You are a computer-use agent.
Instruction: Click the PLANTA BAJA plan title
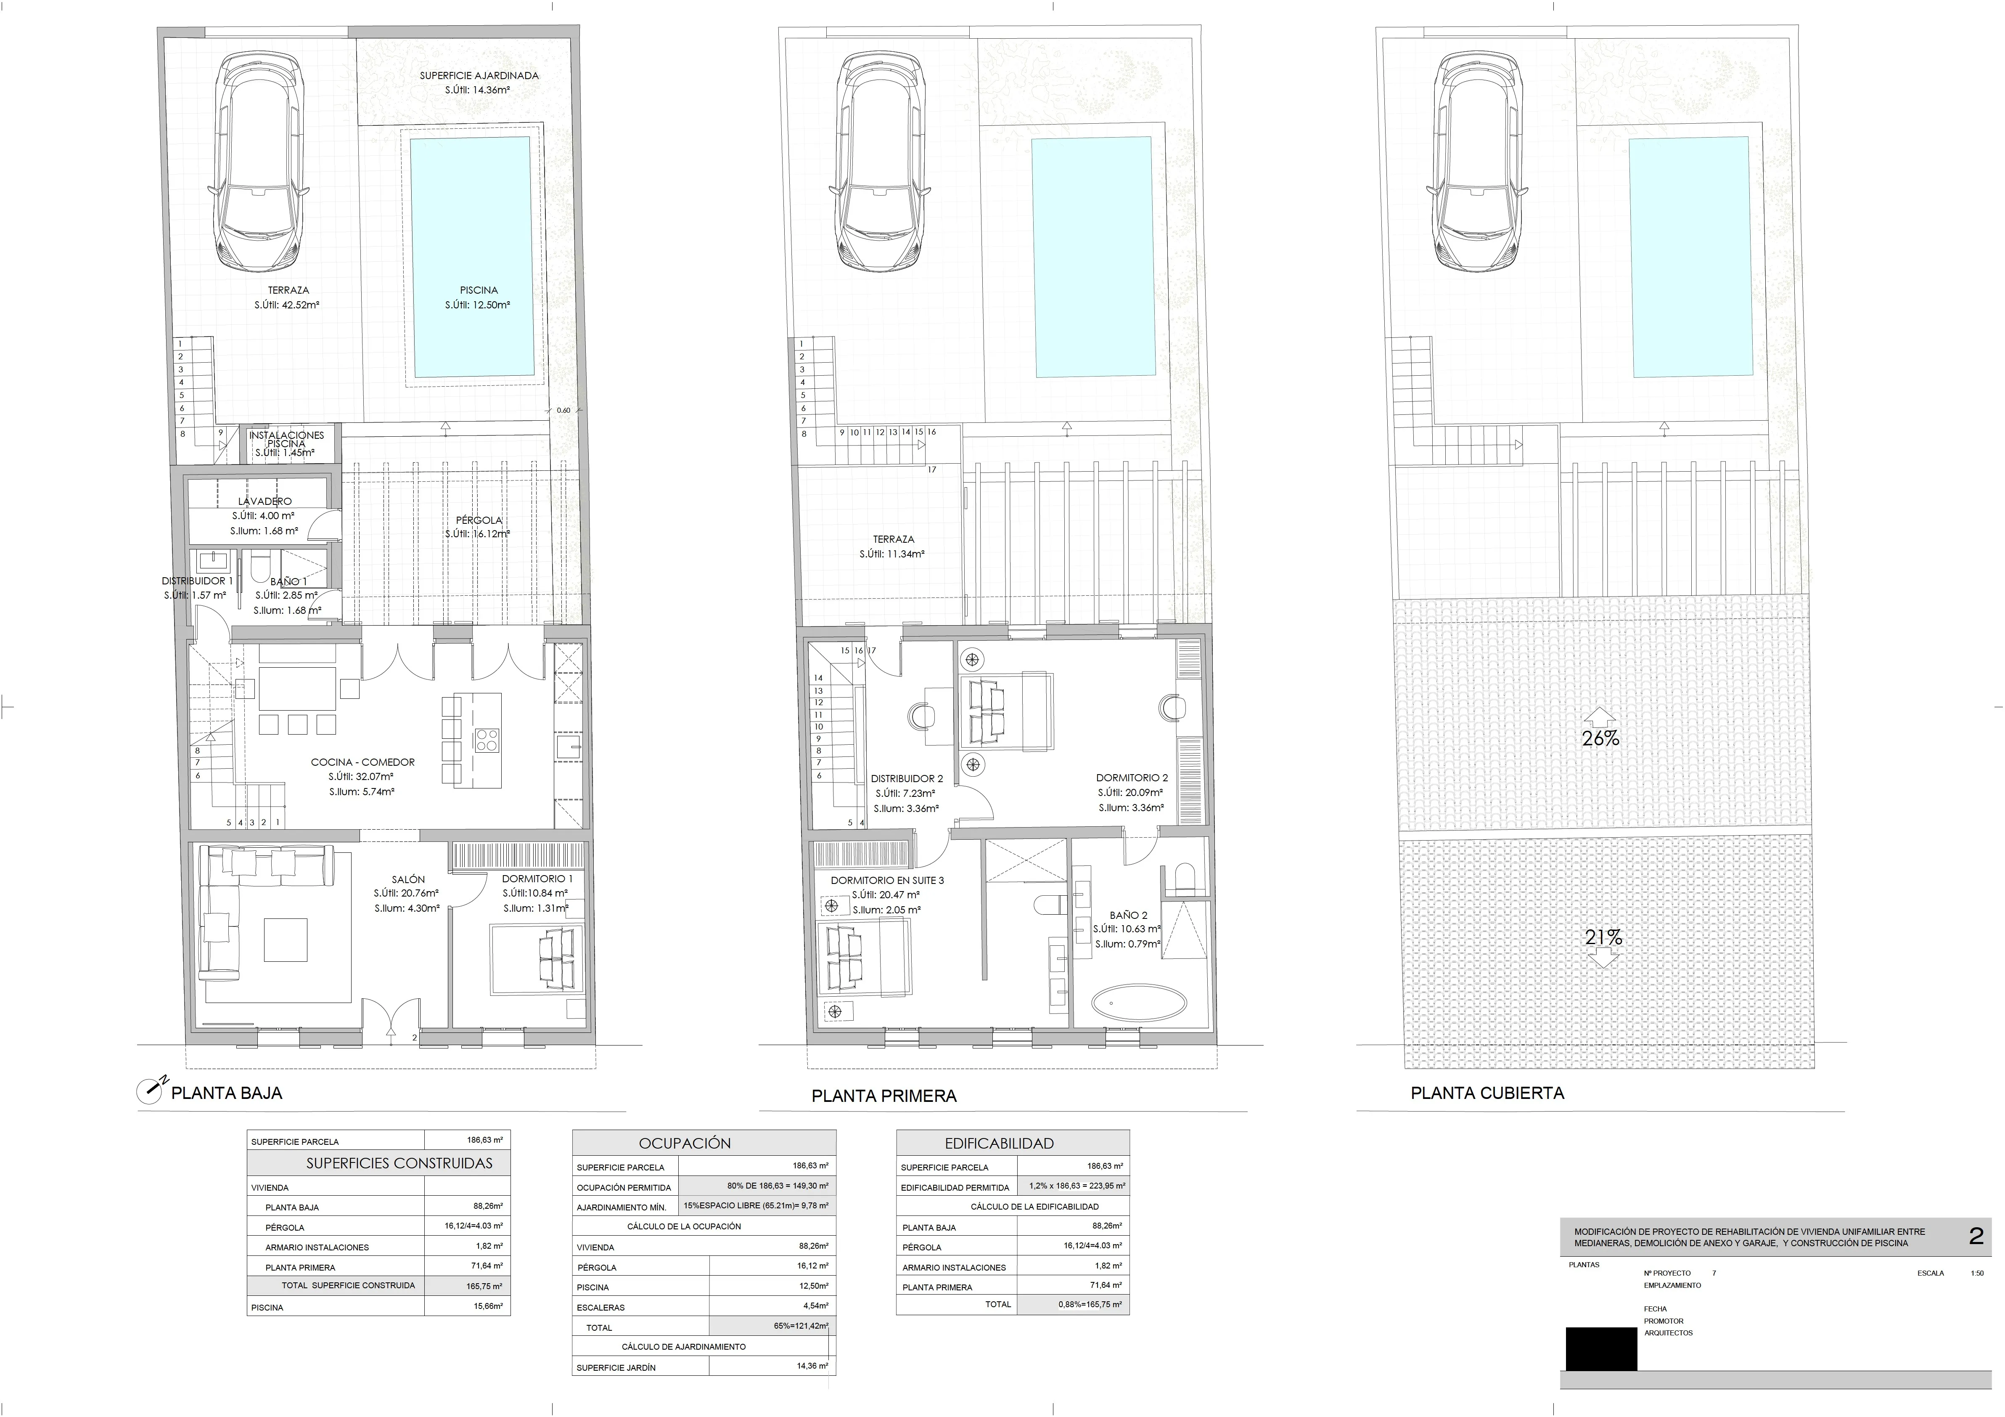click(226, 1093)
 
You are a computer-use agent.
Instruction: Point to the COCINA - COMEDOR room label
click(362, 762)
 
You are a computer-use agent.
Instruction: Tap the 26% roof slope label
click(1600, 738)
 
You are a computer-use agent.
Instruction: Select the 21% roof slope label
click(1603, 937)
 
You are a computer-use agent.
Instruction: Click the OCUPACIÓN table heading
click(685, 1143)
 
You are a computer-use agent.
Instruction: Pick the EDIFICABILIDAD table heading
click(1011, 1143)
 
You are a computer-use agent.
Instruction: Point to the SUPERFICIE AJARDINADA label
click(479, 76)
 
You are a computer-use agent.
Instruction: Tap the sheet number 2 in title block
click(1975, 1236)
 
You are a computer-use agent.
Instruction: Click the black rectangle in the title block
click(1601, 1349)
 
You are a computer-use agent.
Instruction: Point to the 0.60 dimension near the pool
click(563, 410)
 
